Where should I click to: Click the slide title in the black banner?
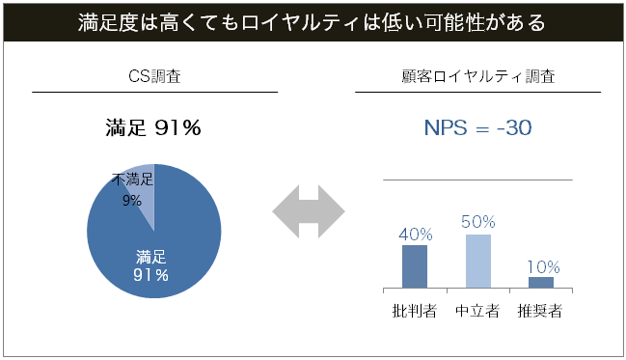click(313, 21)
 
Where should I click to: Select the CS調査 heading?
click(154, 75)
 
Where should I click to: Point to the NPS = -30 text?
click(477, 127)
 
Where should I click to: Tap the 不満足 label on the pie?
click(132, 180)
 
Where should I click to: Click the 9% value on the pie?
click(132, 200)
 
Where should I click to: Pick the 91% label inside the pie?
click(150, 275)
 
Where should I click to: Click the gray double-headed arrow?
click(309, 208)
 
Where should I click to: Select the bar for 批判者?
click(415, 266)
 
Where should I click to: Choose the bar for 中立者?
click(477, 261)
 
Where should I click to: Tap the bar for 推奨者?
click(541, 282)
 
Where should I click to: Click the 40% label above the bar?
click(415, 235)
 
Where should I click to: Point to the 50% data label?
click(477, 222)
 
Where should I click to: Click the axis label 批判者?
click(415, 311)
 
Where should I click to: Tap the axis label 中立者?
click(477, 311)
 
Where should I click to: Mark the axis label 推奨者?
click(540, 311)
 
